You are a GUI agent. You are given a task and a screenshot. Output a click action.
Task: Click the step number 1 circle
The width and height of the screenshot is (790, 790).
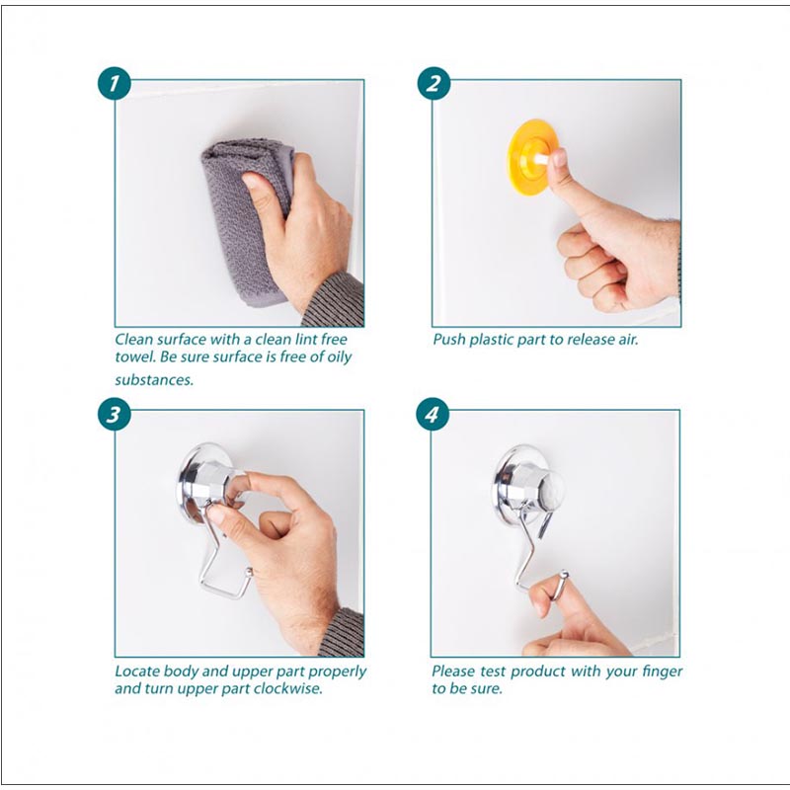pyautogui.click(x=115, y=83)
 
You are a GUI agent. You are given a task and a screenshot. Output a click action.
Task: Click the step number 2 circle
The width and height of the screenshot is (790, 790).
pyautogui.click(x=434, y=83)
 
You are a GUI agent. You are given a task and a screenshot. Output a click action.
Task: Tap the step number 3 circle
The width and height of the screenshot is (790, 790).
pyautogui.click(x=115, y=415)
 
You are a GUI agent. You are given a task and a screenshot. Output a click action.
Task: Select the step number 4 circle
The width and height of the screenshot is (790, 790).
pyautogui.click(x=433, y=415)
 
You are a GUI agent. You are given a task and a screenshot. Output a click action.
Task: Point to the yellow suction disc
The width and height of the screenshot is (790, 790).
pyautogui.click(x=526, y=156)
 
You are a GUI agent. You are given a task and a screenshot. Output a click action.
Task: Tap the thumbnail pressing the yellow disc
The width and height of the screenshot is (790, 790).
pyautogui.click(x=559, y=158)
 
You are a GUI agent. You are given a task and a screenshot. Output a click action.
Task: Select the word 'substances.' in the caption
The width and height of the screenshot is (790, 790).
pyautogui.click(x=154, y=379)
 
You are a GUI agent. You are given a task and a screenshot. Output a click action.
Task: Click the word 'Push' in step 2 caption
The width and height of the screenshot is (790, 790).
pyautogui.click(x=449, y=339)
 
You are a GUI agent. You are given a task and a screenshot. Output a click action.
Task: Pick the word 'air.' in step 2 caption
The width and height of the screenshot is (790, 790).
pyautogui.click(x=628, y=340)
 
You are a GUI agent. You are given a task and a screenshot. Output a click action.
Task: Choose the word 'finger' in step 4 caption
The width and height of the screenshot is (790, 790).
pyautogui.click(x=662, y=672)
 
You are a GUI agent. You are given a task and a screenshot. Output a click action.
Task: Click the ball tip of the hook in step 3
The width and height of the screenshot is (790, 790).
pyautogui.click(x=249, y=572)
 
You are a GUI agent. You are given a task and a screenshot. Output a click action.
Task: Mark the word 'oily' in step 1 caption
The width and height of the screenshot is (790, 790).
pyautogui.click(x=339, y=357)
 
